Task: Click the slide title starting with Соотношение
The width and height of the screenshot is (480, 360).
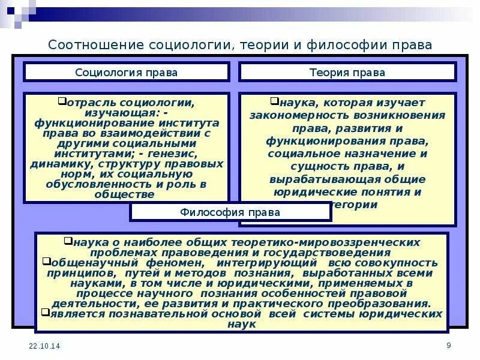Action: (x=240, y=45)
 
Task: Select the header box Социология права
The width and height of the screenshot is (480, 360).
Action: (x=126, y=73)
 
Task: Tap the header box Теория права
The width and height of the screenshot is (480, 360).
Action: (x=347, y=73)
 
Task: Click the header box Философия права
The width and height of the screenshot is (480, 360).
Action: (x=230, y=212)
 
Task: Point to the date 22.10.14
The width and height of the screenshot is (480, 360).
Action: (x=40, y=347)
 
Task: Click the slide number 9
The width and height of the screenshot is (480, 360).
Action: (x=448, y=344)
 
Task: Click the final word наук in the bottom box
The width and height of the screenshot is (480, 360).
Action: (x=242, y=323)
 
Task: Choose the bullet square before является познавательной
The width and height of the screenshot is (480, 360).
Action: (x=46, y=312)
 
